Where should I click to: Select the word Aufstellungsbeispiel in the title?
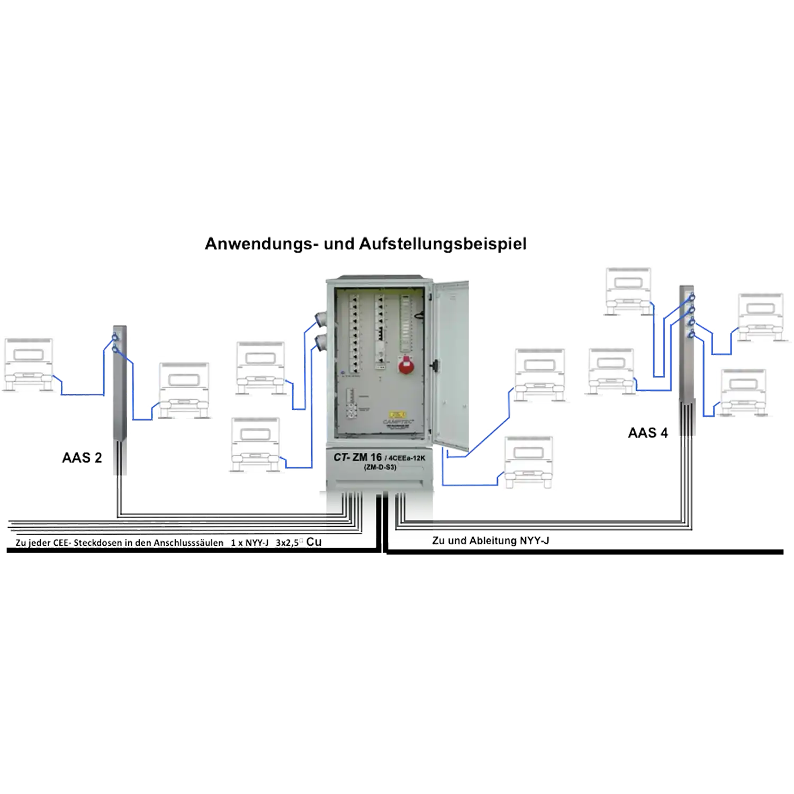tap(443, 244)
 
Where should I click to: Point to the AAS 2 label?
tap(82, 458)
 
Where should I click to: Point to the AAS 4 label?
tap(647, 434)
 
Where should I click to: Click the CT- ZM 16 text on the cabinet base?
tap(357, 457)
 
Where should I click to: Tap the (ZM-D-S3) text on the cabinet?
tap(381, 467)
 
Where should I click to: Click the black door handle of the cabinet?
tap(436, 365)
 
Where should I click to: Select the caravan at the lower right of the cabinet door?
tap(528, 462)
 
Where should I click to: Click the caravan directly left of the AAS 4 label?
tap(611, 372)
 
